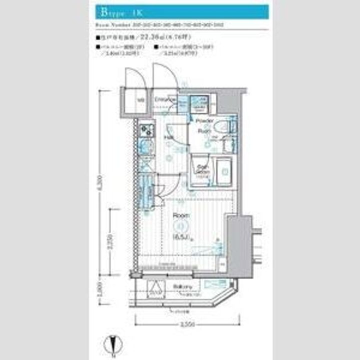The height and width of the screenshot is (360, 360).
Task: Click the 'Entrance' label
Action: point(163,100)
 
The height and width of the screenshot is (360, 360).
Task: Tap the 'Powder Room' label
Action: point(204,125)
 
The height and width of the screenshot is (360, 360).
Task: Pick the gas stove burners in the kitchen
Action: point(146,131)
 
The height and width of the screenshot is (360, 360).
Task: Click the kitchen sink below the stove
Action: point(146,148)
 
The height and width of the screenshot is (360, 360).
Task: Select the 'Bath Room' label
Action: point(201,170)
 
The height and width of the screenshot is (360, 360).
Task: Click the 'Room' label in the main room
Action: point(180,215)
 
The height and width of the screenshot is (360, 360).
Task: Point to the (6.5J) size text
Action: point(180,236)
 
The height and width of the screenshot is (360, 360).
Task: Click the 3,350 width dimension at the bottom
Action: point(187,325)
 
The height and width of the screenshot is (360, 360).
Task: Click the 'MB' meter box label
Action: point(141,99)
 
